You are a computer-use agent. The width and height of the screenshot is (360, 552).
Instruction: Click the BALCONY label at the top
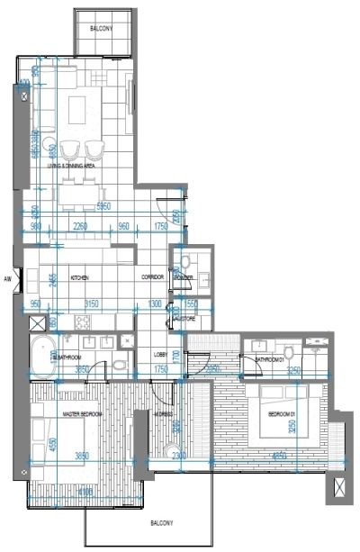(x=102, y=29)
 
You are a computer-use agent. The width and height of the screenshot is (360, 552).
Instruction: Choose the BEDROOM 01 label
(x=282, y=413)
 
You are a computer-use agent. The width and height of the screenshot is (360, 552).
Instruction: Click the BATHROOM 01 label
(x=270, y=359)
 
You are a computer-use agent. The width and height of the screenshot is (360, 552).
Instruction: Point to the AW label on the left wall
(x=7, y=279)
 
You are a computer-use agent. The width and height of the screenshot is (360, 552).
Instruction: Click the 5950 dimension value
(x=103, y=206)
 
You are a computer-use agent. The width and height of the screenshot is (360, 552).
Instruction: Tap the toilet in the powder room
(x=184, y=265)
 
